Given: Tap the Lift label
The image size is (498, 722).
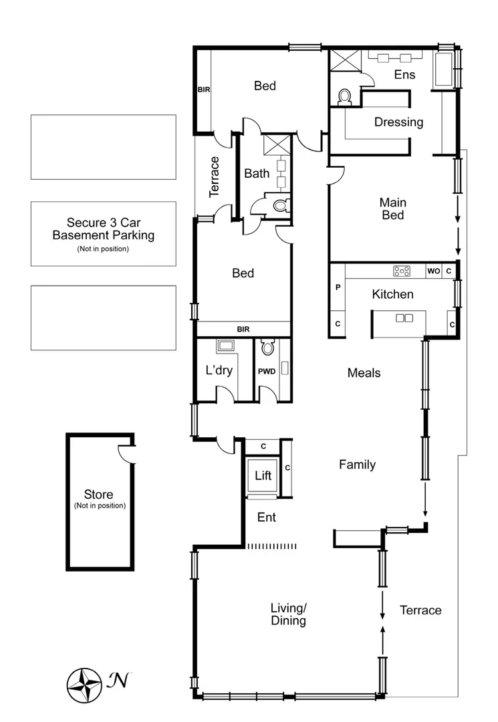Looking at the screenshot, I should (x=263, y=476).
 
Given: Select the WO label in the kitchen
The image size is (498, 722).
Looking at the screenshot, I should (x=433, y=271).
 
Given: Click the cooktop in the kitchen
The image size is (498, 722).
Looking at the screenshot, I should (x=402, y=271).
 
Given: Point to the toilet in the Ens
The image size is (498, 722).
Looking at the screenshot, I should (x=345, y=98).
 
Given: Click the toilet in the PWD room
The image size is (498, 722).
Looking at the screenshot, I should (x=267, y=348).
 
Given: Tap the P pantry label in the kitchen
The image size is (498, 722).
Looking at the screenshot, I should (x=338, y=287).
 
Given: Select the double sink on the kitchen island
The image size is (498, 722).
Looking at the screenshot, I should (x=404, y=318).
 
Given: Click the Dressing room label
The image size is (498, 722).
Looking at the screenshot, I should (x=398, y=122).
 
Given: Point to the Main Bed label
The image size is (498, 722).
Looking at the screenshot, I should (x=393, y=209).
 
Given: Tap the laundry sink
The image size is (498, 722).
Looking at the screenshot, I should (x=225, y=346).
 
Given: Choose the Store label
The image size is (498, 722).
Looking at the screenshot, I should (x=99, y=495).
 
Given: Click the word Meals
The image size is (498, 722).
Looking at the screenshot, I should (x=364, y=373).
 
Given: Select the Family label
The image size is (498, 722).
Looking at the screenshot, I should (x=357, y=465).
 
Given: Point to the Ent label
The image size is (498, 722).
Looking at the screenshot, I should (x=267, y=517).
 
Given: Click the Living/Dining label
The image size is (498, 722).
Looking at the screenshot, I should (x=288, y=614).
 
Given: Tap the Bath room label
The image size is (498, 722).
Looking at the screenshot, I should (x=257, y=174).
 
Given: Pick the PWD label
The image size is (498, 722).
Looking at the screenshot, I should (x=267, y=370).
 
